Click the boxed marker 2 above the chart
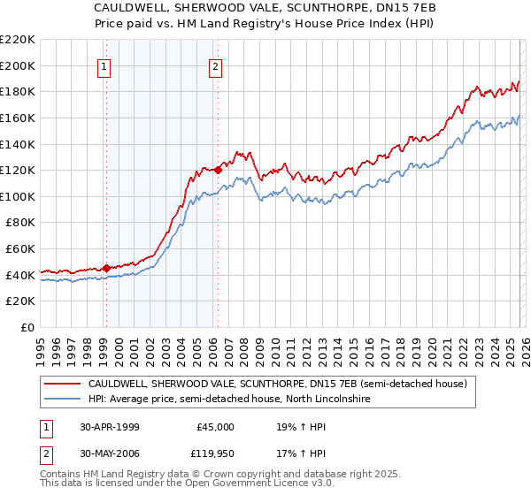pos(216,65)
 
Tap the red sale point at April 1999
pos(106,268)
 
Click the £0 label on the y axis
pos(27,327)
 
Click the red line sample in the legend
pos(62,385)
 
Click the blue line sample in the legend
pos(62,400)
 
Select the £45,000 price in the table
pos(215,427)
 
